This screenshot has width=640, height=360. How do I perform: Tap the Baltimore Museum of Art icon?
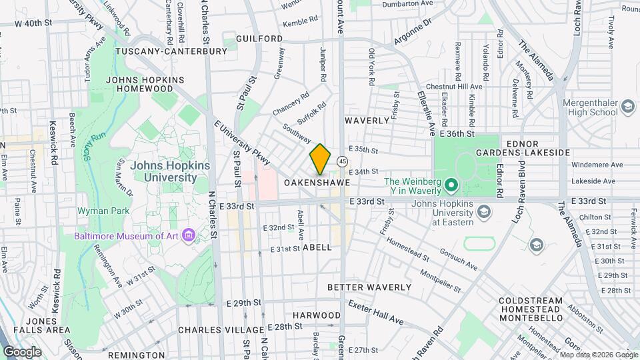pyautogui.click(x=189, y=235)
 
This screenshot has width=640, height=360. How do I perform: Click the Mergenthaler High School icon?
pyautogui.click(x=627, y=107)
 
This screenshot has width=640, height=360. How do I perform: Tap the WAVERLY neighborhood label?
pyautogui.click(x=367, y=121)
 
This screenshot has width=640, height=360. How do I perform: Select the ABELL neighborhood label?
pyautogui.click(x=317, y=247)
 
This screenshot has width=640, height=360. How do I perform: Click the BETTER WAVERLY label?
pyautogui.click(x=369, y=287)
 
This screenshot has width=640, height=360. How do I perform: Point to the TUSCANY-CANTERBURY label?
pyautogui.click(x=163, y=51)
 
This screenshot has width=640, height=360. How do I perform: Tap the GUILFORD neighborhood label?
pyautogui.click(x=259, y=39)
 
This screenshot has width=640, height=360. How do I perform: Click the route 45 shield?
pyautogui.click(x=342, y=161)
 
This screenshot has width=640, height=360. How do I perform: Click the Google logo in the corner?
pyautogui.click(x=23, y=351)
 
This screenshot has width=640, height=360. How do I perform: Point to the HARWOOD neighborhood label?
pyautogui.click(x=317, y=315)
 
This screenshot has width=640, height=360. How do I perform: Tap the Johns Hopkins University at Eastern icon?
pyautogui.click(x=484, y=213)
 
